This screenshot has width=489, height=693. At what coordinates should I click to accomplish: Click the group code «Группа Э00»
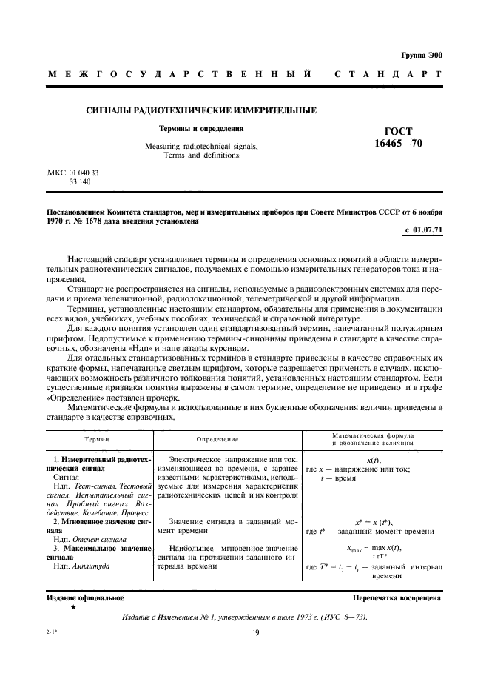[x=421, y=56]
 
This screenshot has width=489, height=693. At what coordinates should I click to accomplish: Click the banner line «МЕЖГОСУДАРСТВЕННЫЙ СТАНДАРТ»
[x=245, y=75]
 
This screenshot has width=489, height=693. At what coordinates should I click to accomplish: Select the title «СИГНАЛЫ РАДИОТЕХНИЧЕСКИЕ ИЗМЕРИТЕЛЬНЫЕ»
[x=201, y=110]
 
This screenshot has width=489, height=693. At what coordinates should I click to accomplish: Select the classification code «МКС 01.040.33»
[x=73, y=172]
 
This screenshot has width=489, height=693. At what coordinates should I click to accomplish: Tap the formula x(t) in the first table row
[x=374, y=460]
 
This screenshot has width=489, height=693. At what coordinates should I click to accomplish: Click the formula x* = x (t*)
[x=374, y=522]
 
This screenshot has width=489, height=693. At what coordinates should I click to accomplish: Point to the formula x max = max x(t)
[x=374, y=548]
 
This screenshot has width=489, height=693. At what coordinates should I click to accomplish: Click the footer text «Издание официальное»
[x=75, y=597]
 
